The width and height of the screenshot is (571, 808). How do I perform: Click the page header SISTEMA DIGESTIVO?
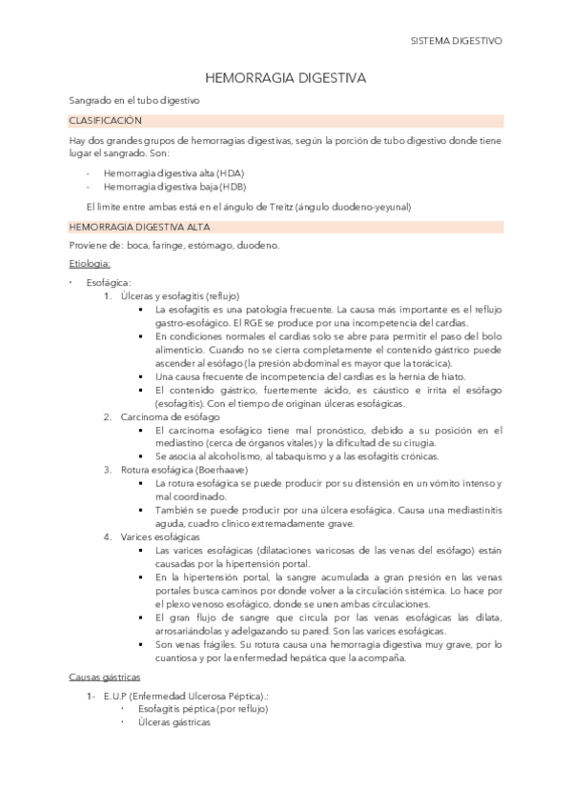point(456,42)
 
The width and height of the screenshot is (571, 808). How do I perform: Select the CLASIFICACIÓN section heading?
point(105,121)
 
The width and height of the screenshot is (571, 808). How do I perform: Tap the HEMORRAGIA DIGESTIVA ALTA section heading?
point(141,227)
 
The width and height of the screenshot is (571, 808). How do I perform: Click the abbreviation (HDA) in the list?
point(230,173)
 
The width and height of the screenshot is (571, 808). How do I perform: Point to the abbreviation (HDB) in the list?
point(230,187)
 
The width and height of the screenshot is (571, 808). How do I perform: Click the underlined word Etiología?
point(90,262)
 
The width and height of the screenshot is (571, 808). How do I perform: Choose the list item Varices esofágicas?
point(160,536)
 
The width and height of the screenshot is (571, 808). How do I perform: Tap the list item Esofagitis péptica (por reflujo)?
point(202,709)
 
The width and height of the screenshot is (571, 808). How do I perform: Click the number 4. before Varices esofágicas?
point(108,536)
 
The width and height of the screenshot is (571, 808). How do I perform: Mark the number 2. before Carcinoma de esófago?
point(108,415)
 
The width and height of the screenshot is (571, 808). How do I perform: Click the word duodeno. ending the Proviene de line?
point(257,245)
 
